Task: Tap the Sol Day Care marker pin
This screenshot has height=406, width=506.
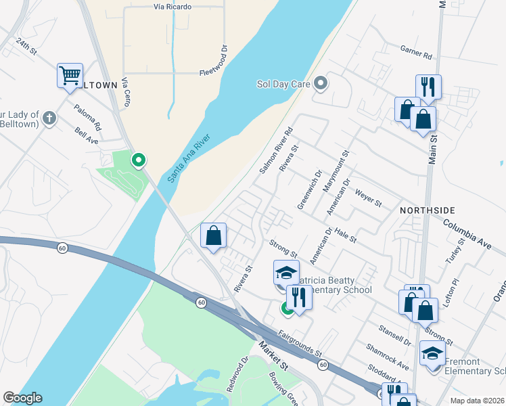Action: pyautogui.click(x=321, y=84)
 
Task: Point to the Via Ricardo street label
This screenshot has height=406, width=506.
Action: pyautogui.click(x=172, y=7)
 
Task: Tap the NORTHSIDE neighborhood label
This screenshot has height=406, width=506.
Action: pyautogui.click(x=427, y=210)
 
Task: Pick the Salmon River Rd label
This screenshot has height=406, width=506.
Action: pyautogui.click(x=277, y=150)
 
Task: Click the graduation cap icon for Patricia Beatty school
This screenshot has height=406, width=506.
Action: pyautogui.click(x=286, y=272)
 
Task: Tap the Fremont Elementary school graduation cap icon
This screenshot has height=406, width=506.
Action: pyautogui.click(x=433, y=353)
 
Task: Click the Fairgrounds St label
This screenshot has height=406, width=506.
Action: pyautogui.click(x=298, y=343)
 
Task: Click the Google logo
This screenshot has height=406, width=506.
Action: pyautogui.click(x=23, y=398)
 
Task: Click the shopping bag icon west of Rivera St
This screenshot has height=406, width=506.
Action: pyautogui.click(x=214, y=236)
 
